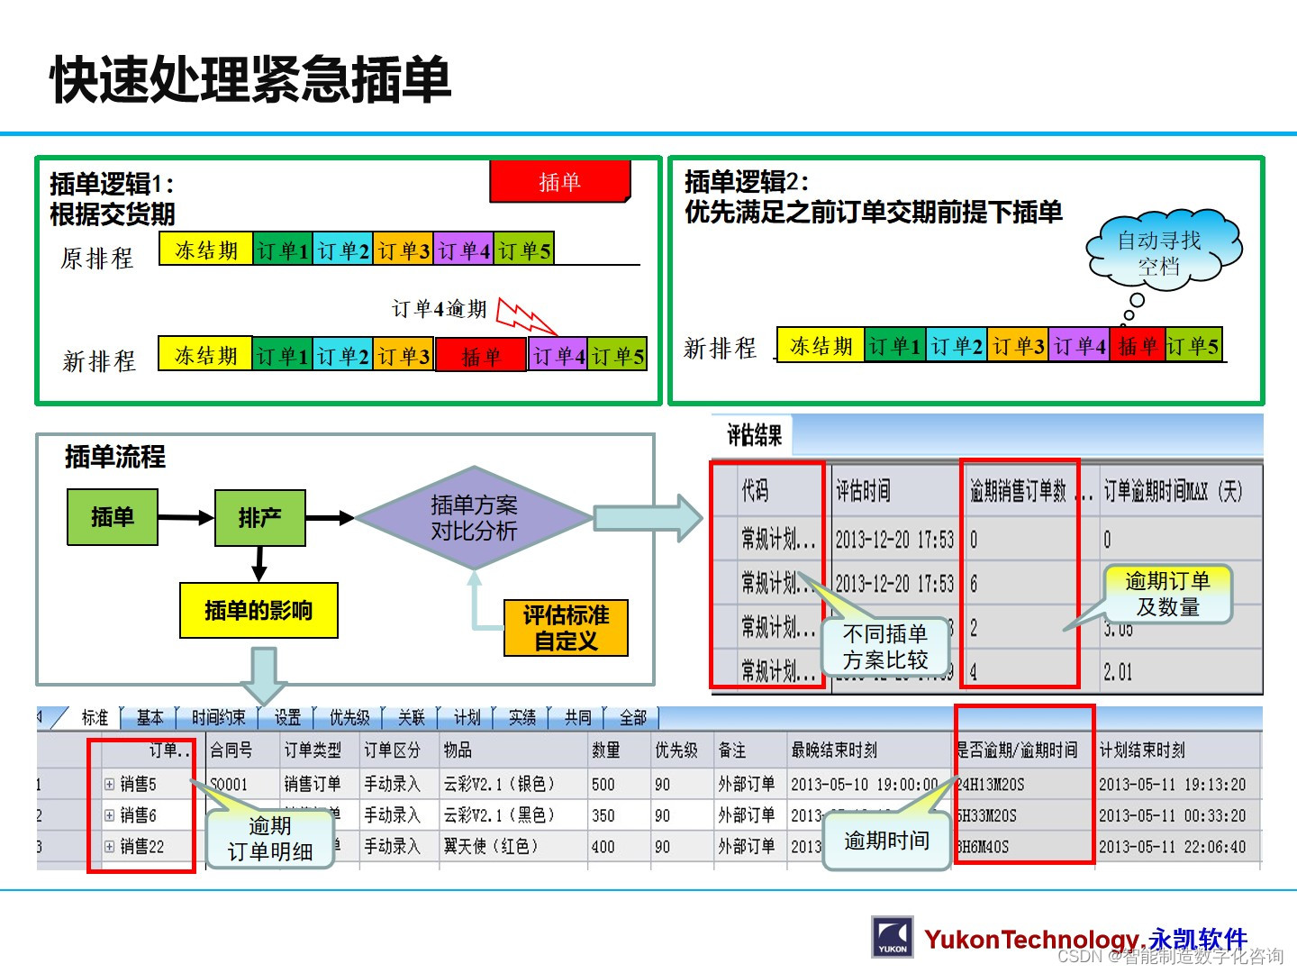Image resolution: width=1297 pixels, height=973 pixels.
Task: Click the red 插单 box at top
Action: (x=559, y=182)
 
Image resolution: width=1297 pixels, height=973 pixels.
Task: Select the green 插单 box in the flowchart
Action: (x=113, y=517)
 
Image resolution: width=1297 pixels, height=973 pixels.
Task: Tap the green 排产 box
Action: (x=259, y=518)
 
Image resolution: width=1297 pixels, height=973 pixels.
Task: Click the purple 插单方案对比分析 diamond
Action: (x=474, y=518)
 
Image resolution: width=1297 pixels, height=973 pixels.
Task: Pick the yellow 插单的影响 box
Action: (x=258, y=611)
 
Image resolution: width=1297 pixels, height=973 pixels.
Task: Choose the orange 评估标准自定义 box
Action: (x=566, y=628)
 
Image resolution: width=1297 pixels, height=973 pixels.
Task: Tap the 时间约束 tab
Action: (x=218, y=717)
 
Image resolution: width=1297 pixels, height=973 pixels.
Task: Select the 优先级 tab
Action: (x=349, y=717)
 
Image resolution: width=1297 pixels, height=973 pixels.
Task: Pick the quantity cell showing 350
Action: (x=603, y=815)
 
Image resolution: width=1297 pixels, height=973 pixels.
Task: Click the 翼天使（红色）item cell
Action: (x=491, y=847)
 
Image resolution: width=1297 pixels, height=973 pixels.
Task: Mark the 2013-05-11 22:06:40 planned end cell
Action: (x=1172, y=847)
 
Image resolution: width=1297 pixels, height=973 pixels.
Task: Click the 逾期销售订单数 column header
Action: (x=1019, y=491)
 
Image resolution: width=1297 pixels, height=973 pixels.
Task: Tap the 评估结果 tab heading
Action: (x=755, y=436)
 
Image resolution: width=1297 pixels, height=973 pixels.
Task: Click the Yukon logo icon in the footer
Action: (x=893, y=937)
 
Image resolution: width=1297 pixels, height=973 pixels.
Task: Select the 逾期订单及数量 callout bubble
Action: (x=1167, y=594)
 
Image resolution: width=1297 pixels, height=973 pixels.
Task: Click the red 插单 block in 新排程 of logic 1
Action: (x=481, y=357)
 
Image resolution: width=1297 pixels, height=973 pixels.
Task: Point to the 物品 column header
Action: (x=458, y=750)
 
